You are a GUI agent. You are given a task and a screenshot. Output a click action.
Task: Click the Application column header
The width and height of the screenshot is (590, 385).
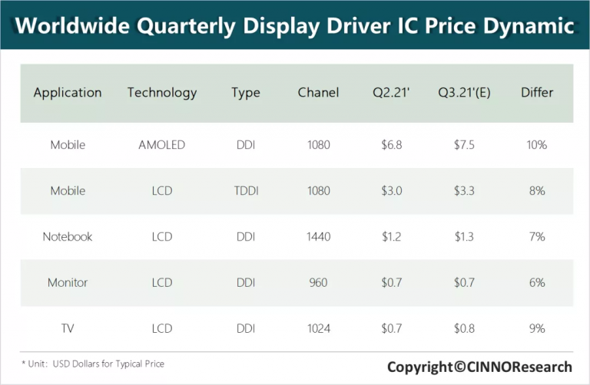point(68,93)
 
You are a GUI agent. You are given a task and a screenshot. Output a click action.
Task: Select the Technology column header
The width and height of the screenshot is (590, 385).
point(162,93)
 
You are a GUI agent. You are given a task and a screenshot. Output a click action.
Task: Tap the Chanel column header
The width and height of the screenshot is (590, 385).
point(318,93)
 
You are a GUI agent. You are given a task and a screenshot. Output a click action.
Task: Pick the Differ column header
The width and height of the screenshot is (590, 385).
point(537,93)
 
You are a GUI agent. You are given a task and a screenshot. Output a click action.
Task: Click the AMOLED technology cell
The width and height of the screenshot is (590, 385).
point(162,144)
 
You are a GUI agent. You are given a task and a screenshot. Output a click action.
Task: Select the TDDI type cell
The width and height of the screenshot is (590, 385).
point(246,190)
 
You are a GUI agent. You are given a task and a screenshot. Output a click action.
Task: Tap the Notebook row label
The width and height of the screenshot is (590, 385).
point(68,236)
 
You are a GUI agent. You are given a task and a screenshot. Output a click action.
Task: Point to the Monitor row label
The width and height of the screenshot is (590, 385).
point(68,282)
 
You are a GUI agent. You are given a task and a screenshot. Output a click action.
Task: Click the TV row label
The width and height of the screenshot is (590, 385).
point(68,328)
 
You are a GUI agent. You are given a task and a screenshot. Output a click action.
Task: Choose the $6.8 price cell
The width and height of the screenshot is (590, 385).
point(392,144)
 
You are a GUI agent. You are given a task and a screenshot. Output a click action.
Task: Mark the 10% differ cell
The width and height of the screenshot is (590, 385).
point(537,144)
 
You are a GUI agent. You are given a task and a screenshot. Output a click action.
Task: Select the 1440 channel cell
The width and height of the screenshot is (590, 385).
point(318,236)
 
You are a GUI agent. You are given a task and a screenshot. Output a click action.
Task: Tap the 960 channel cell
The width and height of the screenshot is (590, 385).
point(318,282)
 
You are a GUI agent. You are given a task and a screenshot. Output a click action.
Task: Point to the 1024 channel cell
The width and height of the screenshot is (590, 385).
point(318,328)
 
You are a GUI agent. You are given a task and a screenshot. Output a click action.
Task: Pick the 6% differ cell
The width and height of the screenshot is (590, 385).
point(537,282)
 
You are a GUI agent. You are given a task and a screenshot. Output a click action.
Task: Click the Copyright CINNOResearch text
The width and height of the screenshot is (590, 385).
point(479,367)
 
